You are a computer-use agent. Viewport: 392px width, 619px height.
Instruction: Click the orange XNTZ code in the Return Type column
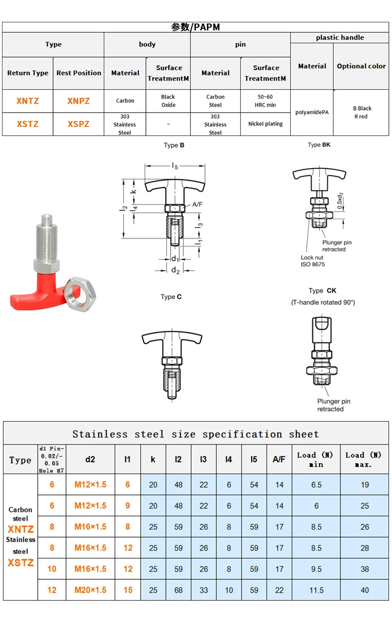coord(28,101)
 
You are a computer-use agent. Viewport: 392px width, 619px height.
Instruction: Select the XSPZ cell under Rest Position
coord(78,124)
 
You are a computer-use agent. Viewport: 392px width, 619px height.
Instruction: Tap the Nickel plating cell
coord(265,124)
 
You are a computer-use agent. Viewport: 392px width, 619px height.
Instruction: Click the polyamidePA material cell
coord(312,112)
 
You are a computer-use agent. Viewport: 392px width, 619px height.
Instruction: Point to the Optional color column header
coord(361,66)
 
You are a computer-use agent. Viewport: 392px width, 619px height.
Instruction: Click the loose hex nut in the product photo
coord(79,294)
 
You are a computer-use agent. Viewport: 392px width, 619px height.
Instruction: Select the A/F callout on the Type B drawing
coord(197,204)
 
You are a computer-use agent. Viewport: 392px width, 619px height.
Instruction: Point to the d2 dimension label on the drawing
coord(175,270)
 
